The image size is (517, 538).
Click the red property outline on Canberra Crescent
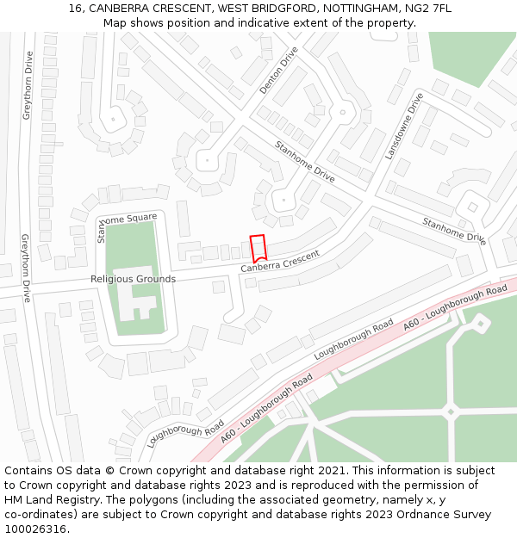pos(258,247)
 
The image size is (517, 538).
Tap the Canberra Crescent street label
pos(280,263)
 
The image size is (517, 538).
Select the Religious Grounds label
pos(133,279)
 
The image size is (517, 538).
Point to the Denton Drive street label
pos(278,70)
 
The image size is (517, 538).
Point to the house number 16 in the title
pos(75,9)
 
